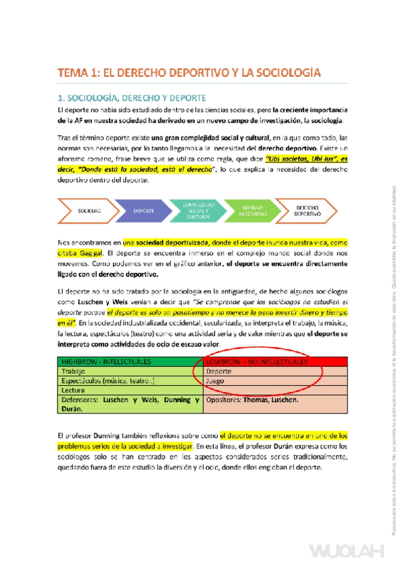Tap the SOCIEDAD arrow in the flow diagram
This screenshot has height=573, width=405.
coord(89,211)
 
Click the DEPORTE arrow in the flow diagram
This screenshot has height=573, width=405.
coord(143,211)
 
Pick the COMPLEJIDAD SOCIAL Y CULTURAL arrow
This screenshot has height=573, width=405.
coord(195,211)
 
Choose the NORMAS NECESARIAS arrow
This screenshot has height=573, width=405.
coord(249,211)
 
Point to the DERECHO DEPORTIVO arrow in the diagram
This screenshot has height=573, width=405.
coord(308,211)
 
